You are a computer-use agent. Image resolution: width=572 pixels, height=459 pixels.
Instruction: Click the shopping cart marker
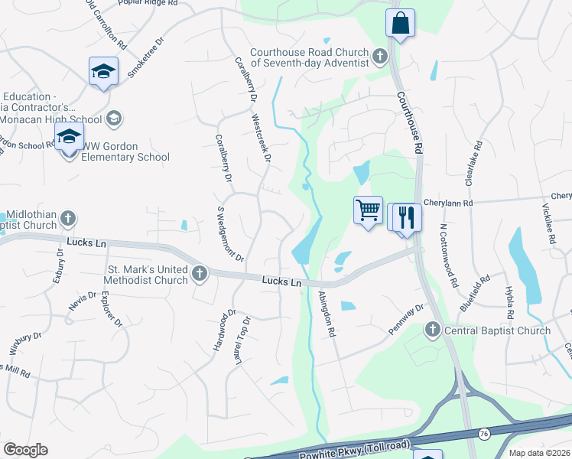click(368, 210)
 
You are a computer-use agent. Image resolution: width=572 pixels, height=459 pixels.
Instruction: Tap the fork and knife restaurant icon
click(405, 216)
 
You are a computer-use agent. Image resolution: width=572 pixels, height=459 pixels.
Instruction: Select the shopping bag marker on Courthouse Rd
click(400, 23)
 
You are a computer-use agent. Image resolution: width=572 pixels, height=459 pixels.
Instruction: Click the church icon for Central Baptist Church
click(433, 330)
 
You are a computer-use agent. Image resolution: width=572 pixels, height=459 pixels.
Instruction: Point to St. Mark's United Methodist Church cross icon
click(200, 273)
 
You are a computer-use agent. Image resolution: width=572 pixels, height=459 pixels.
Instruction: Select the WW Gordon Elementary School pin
click(69, 138)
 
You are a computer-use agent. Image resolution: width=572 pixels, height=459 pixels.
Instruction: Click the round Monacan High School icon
click(113, 119)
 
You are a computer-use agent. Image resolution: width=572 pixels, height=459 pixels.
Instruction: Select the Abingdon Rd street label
click(327, 314)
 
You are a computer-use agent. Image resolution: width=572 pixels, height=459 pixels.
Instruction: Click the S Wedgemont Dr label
click(230, 233)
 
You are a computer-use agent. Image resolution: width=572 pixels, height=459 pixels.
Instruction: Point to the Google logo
click(25, 450)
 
